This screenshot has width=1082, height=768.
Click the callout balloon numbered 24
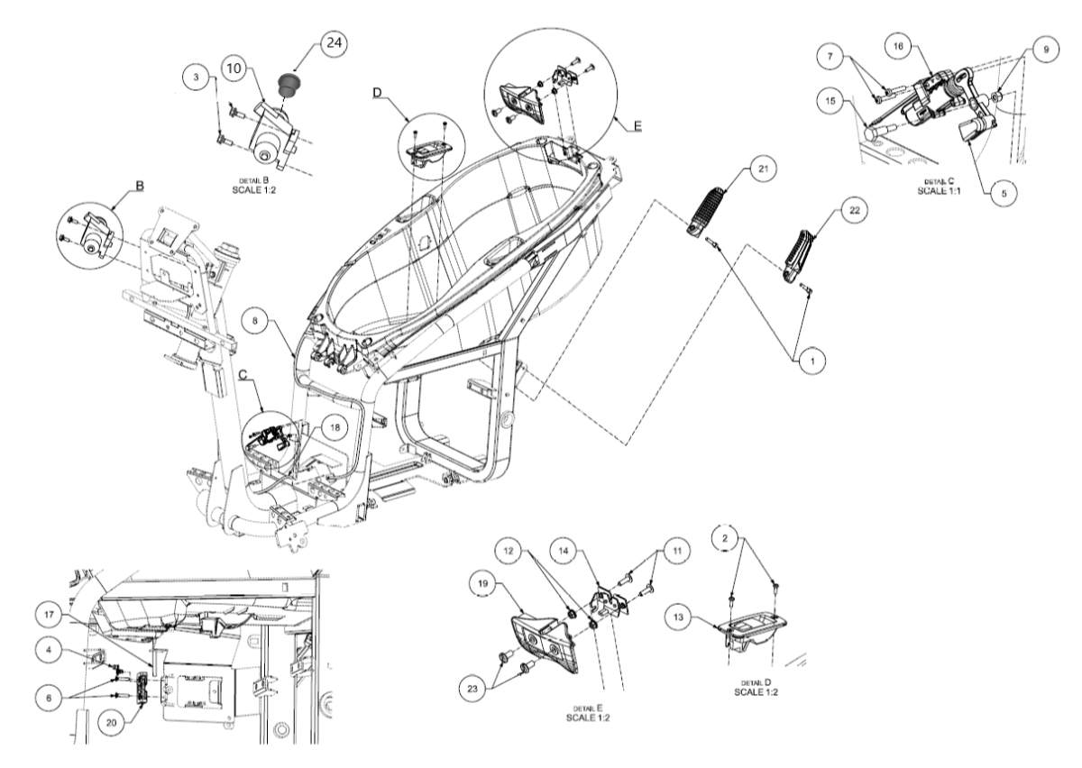coord(334,43)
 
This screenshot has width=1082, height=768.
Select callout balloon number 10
coord(234,69)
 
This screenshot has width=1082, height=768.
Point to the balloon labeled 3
coord(196,77)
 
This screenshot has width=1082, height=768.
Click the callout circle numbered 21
coord(763,169)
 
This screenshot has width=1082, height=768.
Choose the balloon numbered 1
coord(812,361)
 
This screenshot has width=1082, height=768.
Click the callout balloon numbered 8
coord(255,320)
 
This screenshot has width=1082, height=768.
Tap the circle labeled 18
coord(335,427)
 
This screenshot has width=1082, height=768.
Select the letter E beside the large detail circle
coord(637,126)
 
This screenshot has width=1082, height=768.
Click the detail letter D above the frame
coord(377,92)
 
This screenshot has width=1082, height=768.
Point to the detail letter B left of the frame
coord(140,186)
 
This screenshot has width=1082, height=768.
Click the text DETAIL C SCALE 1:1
coord(939,186)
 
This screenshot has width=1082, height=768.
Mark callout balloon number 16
coord(898,46)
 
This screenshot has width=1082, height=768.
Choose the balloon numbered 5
coord(1004,194)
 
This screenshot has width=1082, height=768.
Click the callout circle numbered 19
coord(482,583)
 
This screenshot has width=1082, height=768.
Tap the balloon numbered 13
coord(678,617)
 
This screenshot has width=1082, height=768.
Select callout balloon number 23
coord(472,689)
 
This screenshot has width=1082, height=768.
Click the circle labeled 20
coord(111,723)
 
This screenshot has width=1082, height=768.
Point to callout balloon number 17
coord(49,615)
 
